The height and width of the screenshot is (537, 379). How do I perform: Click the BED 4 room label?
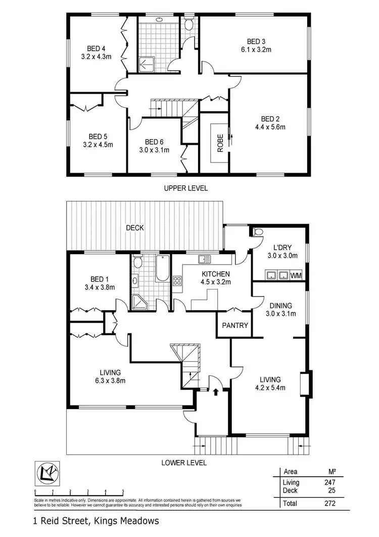92,49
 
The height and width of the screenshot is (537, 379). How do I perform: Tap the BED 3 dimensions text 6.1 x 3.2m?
256,50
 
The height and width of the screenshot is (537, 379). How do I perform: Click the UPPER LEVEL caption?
185,188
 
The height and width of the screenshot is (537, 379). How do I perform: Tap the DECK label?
135,228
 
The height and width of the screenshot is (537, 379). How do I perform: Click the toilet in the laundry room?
258,232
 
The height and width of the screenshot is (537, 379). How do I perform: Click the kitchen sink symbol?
204,260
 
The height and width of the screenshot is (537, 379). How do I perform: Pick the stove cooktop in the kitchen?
178,281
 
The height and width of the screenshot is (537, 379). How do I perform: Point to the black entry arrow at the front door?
217,391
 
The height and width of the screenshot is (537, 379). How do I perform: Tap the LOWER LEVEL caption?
184,463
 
